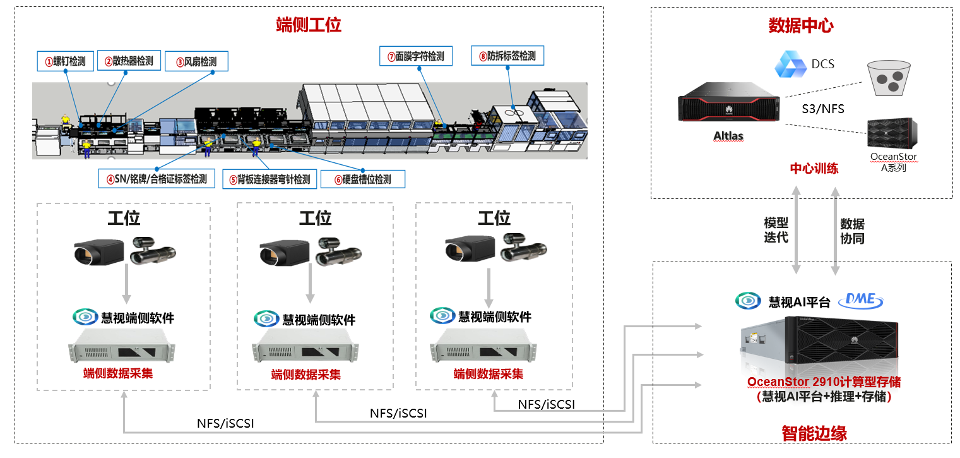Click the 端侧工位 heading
point(309,25)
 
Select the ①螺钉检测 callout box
point(65,61)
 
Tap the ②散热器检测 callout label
point(129,61)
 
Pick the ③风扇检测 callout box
point(196,62)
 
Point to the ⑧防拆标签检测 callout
point(507,56)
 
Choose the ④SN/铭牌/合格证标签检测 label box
point(157,179)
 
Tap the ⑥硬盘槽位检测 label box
point(362,179)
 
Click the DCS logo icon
point(790,64)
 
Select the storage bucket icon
point(887,78)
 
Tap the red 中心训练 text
point(814,169)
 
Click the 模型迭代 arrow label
point(776,231)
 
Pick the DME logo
point(861,299)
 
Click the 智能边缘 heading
point(814,433)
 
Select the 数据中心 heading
point(801,26)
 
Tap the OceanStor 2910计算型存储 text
point(824,382)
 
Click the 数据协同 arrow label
point(852,231)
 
